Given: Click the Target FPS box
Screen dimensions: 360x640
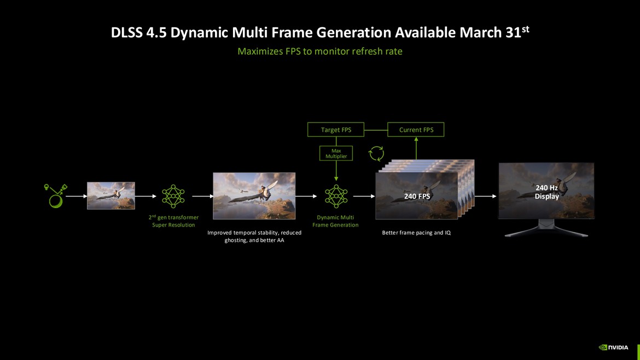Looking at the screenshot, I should (336, 130).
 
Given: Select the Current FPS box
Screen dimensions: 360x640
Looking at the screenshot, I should (416, 130).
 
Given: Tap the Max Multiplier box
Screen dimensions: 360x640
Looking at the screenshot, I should (336, 153).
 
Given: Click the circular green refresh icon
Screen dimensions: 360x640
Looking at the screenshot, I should (376, 153).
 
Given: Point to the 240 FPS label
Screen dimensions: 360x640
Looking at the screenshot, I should (417, 196).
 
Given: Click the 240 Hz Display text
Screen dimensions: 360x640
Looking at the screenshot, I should (546, 192).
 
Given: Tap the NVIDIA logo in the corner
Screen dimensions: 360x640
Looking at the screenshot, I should (614, 347).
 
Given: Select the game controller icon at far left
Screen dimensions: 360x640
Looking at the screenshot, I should (55, 195).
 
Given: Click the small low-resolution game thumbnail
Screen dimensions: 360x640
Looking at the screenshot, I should (110, 195).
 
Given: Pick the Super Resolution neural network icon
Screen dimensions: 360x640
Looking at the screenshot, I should (173, 196).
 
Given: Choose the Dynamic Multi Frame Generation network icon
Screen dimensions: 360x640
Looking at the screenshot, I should (336, 196).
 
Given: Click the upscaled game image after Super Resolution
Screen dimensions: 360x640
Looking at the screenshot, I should (254, 196).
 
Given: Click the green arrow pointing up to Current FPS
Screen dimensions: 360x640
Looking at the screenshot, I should (416, 148).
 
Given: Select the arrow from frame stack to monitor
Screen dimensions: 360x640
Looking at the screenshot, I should (486, 196).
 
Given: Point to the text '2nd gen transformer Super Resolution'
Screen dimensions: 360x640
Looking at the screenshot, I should (173, 221).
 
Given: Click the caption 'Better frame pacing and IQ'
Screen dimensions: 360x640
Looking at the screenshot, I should (416, 233).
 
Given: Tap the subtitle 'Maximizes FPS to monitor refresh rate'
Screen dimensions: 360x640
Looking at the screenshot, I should (320, 51).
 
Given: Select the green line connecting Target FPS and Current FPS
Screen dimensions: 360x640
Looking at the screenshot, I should (376, 130).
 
